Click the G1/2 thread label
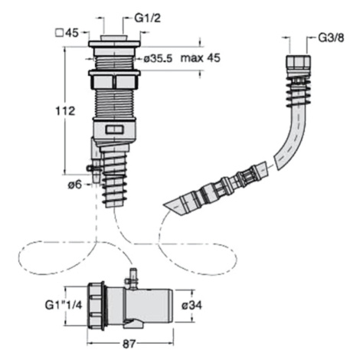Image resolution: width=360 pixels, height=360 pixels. (x=148, y=18)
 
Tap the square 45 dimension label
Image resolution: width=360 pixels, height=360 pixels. (x=67, y=32)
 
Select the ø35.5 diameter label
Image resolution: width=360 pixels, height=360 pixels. (x=158, y=58)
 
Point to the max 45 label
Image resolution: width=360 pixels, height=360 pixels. (x=200, y=58)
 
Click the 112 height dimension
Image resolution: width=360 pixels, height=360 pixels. (x=65, y=111)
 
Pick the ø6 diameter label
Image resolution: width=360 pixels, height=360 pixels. (x=75, y=184)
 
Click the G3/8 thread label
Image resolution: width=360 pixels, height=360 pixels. (x=331, y=38)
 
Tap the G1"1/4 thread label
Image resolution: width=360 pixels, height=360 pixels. (x=64, y=305)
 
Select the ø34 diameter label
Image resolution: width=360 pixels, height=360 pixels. (x=191, y=305)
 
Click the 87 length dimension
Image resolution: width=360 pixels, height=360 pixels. (x=129, y=344)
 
